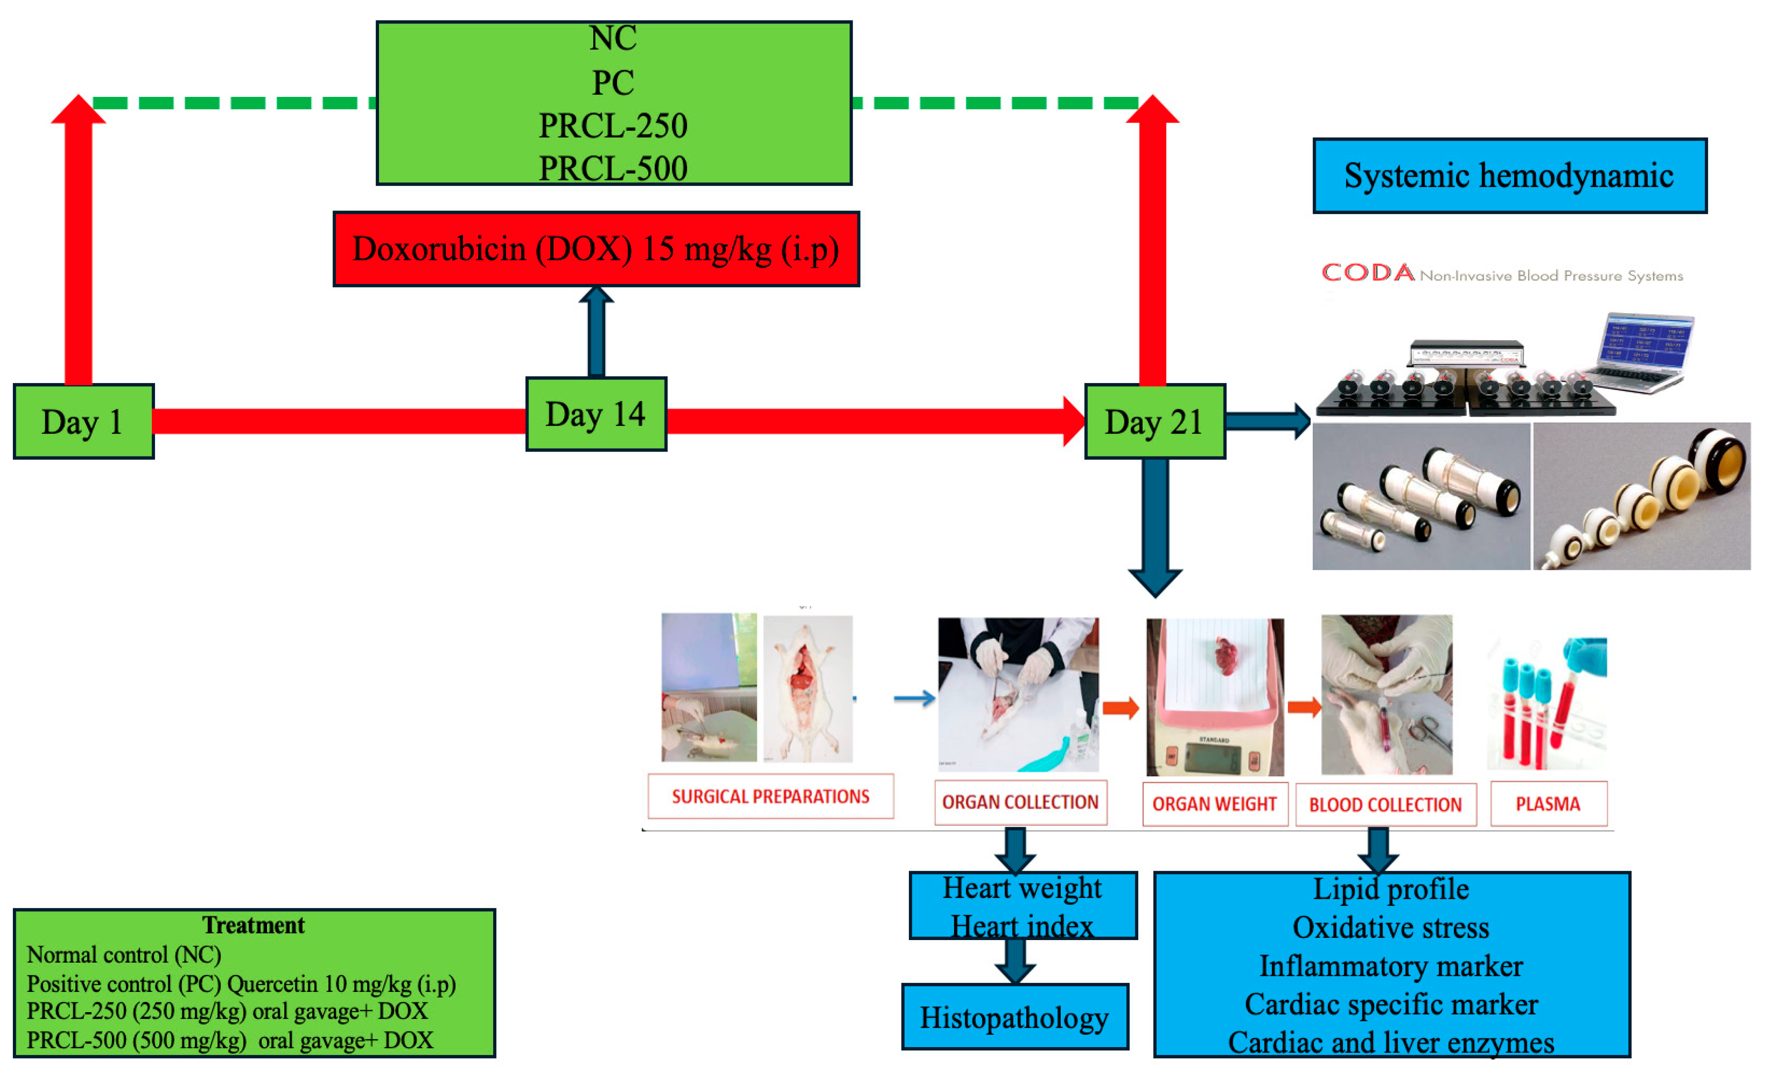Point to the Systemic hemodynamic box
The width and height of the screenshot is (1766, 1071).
click(1509, 176)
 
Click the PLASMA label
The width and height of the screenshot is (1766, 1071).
click(1548, 804)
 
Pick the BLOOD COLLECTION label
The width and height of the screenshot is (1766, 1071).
click(1385, 805)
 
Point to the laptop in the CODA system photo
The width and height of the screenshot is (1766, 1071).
click(1645, 351)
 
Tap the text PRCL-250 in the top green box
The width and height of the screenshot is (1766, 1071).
click(613, 126)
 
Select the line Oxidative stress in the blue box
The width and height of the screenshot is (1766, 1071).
click(1391, 927)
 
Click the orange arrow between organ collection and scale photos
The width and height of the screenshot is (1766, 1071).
click(1120, 708)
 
